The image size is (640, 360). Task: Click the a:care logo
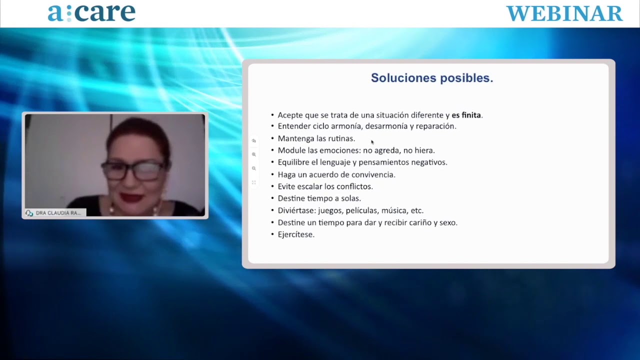(91, 13)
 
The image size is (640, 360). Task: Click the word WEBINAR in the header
(564, 13)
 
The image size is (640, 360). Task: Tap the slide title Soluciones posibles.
(432, 77)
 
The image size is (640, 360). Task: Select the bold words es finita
(466, 115)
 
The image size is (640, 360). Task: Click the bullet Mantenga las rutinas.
(316, 138)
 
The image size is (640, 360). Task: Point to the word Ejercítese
(296, 234)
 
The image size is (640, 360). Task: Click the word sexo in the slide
(448, 222)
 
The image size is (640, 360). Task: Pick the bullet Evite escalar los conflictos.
(325, 186)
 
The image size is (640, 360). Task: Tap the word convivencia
(373, 174)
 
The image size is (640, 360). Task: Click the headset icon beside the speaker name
(29, 213)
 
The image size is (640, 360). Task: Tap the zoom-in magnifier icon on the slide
(253, 154)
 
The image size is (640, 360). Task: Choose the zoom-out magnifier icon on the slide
(253, 168)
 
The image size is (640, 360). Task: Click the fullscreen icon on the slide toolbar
(253, 182)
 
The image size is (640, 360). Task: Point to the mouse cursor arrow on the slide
(372, 142)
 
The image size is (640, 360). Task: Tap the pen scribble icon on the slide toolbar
(253, 140)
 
